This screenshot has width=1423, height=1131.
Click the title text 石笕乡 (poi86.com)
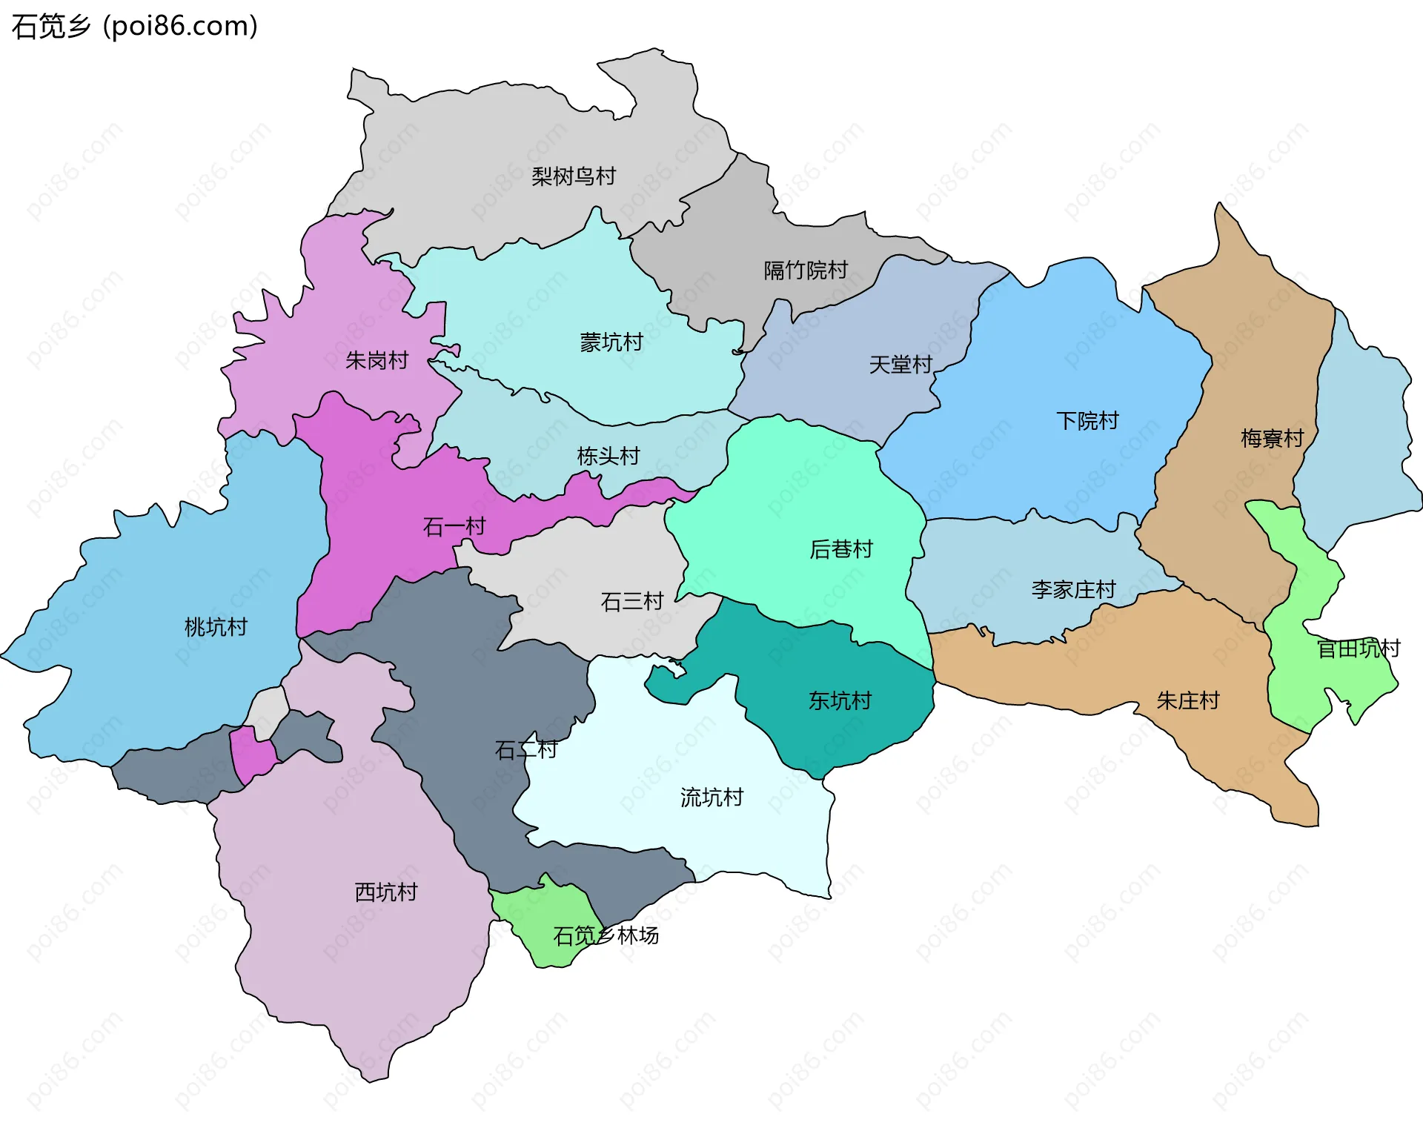(x=134, y=26)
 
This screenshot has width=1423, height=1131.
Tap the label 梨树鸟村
(x=574, y=176)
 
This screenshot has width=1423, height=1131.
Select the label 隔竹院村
(x=806, y=271)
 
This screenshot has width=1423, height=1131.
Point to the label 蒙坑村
(x=611, y=342)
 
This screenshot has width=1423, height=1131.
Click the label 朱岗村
(x=377, y=361)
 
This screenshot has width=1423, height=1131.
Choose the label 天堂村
(x=900, y=365)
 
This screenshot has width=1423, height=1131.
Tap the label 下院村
(x=1087, y=421)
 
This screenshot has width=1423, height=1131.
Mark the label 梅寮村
(x=1272, y=439)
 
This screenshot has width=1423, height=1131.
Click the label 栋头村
(x=608, y=456)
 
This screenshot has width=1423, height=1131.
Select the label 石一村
(x=454, y=527)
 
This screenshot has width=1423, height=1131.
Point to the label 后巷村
(x=840, y=549)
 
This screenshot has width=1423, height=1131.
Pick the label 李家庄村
(x=1073, y=590)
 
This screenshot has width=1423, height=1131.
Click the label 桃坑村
(x=216, y=627)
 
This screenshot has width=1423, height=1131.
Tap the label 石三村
(x=631, y=601)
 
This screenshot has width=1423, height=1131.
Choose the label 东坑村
(x=840, y=700)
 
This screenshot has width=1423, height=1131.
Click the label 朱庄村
(x=1187, y=700)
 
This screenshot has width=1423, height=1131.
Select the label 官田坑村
(x=1358, y=649)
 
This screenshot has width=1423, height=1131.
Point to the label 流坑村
(x=711, y=797)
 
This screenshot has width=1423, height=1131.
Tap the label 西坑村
(x=385, y=892)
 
